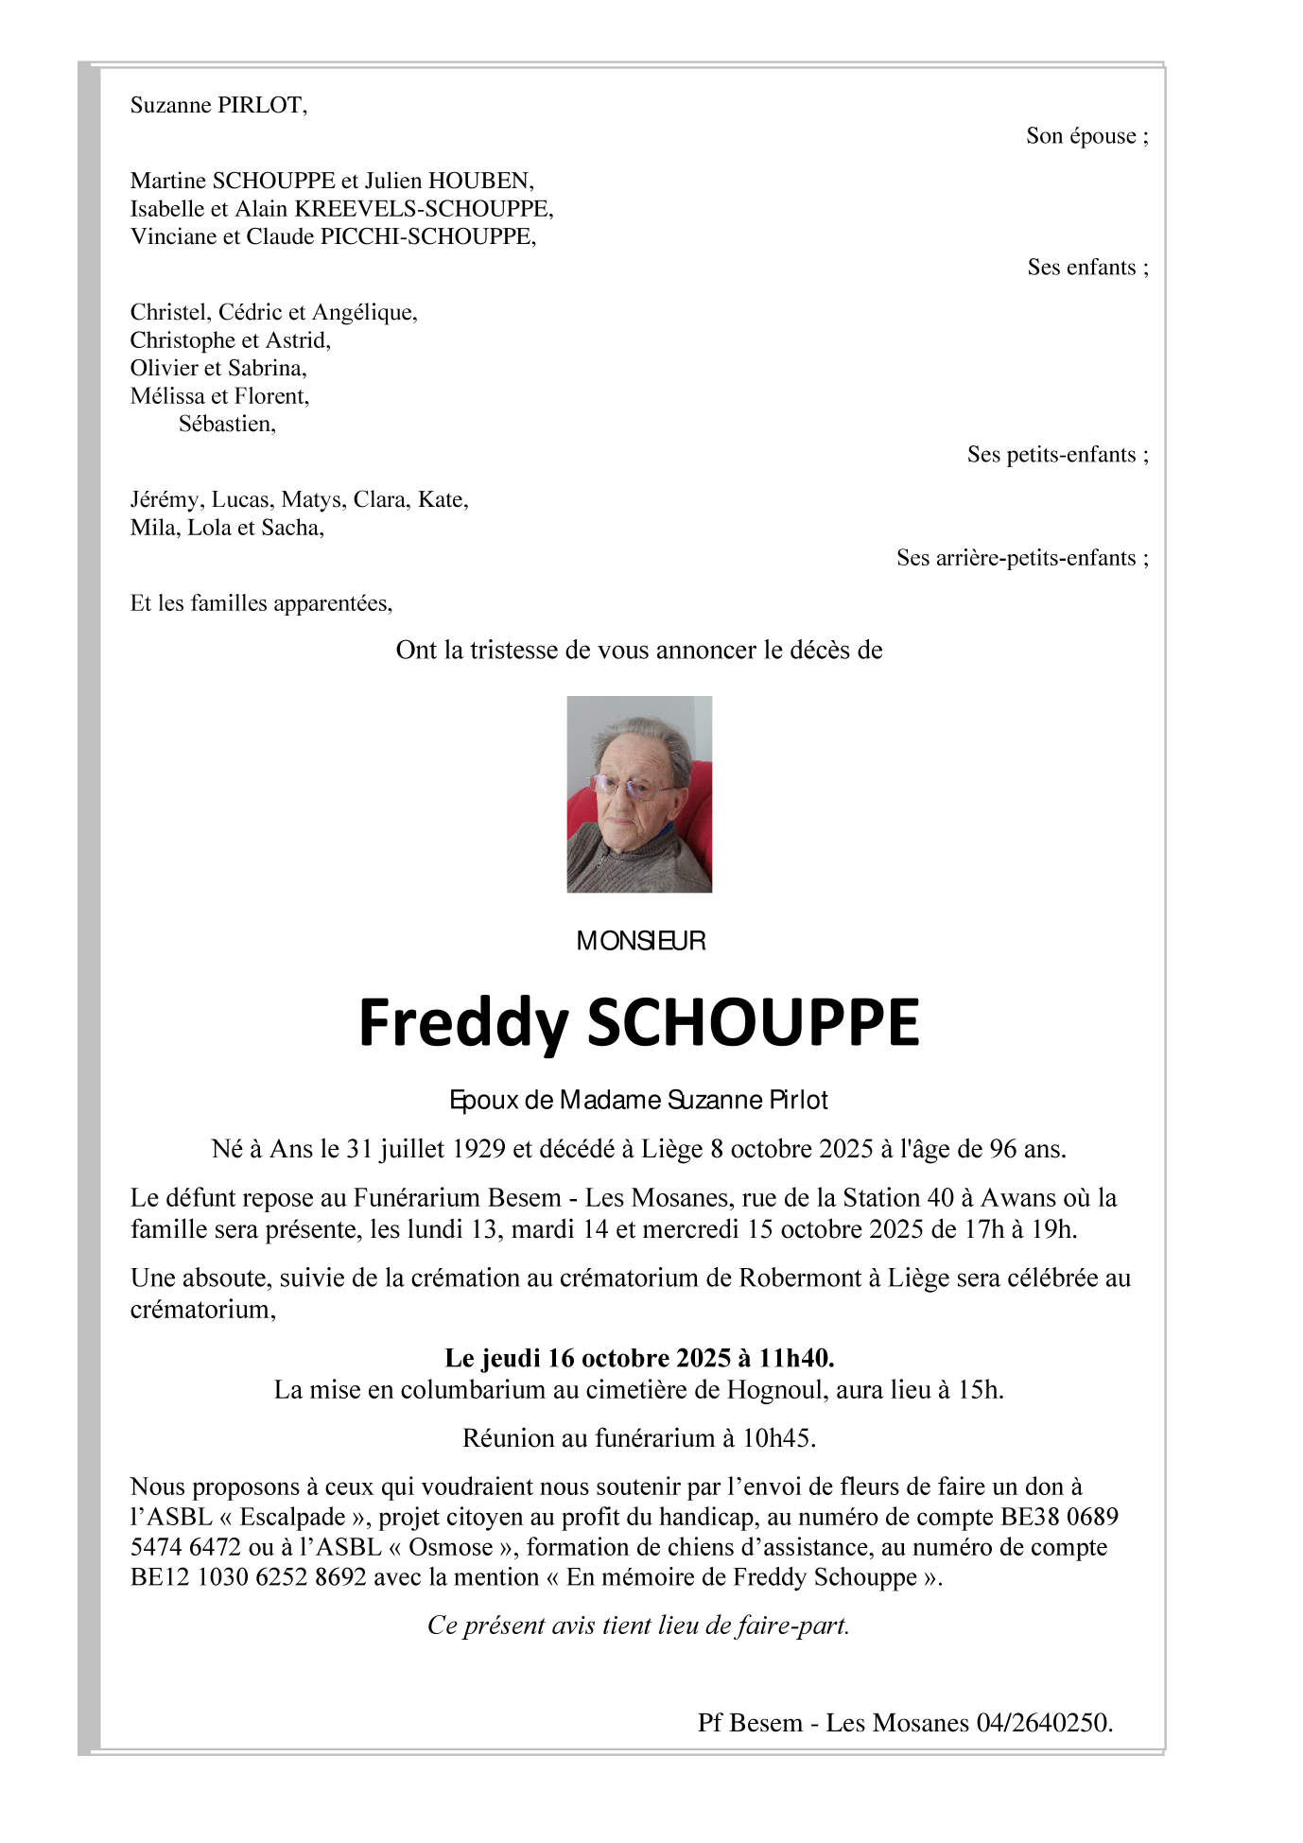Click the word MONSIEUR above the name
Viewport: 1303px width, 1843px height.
tap(641, 941)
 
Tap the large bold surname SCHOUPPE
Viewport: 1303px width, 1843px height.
tap(753, 1022)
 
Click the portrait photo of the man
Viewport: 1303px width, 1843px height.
tap(639, 794)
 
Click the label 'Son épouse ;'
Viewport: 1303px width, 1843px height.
tap(1087, 136)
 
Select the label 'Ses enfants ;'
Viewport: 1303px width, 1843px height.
tap(1088, 268)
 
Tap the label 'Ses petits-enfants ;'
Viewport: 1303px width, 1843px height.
tap(1058, 455)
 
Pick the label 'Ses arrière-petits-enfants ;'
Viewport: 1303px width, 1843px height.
tap(1023, 558)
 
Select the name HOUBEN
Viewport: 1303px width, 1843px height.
tap(480, 181)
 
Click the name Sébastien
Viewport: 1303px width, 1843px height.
tap(227, 424)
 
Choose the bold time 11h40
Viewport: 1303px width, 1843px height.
tap(796, 1358)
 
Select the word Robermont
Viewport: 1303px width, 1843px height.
tap(808, 1278)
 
